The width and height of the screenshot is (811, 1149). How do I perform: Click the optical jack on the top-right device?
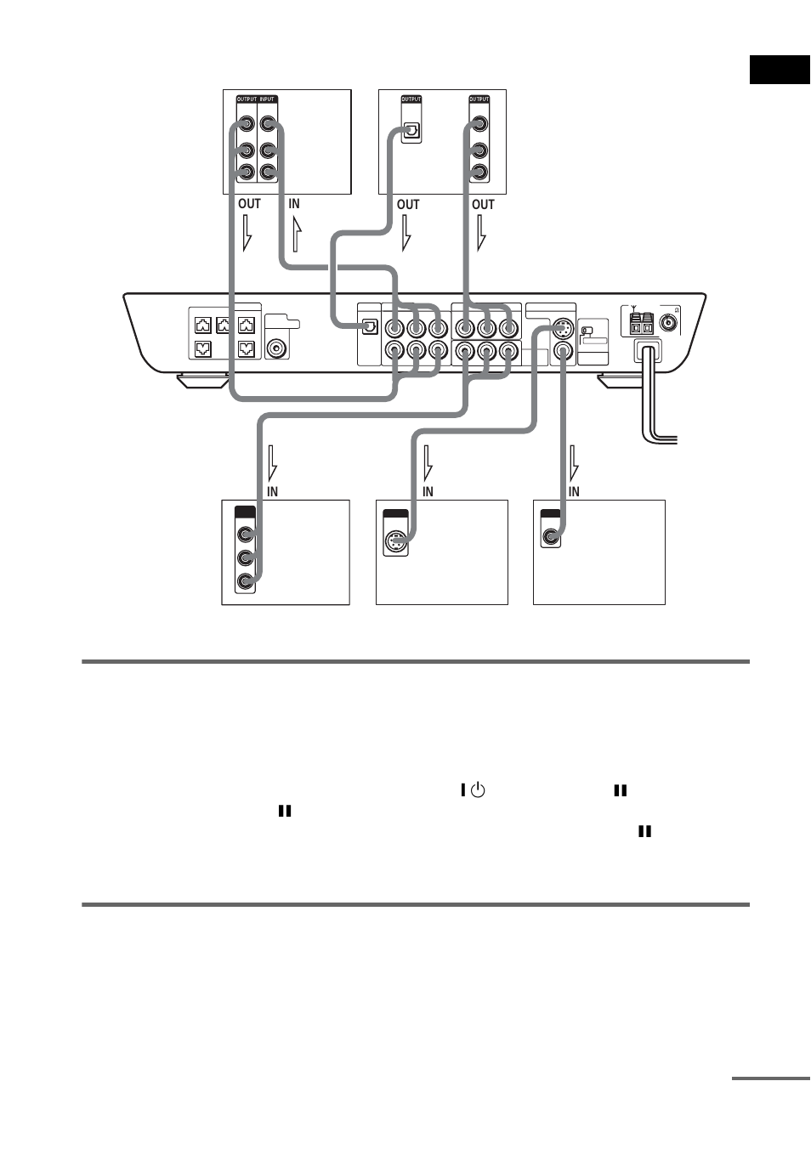(x=411, y=130)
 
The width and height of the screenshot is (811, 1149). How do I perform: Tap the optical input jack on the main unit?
(x=370, y=327)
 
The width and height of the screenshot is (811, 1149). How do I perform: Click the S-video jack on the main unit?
(x=562, y=329)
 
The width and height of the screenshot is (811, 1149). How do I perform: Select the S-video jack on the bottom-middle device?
(x=396, y=541)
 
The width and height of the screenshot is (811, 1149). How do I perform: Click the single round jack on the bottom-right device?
(x=552, y=536)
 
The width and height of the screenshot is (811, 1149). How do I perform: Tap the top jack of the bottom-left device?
(x=246, y=535)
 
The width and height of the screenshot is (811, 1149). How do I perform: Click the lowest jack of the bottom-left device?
(x=246, y=581)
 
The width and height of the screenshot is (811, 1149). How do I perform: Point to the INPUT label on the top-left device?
(x=268, y=99)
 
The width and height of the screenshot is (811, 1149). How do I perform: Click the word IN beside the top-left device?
(x=293, y=204)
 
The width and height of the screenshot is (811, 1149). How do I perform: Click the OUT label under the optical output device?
(x=408, y=205)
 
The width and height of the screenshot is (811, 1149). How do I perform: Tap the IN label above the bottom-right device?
(x=574, y=492)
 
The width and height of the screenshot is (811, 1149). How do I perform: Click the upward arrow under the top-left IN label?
(x=296, y=234)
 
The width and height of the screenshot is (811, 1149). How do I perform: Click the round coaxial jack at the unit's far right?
(x=669, y=323)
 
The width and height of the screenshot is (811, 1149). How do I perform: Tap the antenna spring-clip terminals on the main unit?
(x=642, y=324)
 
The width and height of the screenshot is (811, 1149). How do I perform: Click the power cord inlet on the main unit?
(x=647, y=351)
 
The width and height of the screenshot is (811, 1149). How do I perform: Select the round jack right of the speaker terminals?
(x=277, y=348)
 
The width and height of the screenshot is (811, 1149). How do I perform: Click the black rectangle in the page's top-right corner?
(x=780, y=70)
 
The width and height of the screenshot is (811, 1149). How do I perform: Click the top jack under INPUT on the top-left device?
(x=268, y=125)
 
